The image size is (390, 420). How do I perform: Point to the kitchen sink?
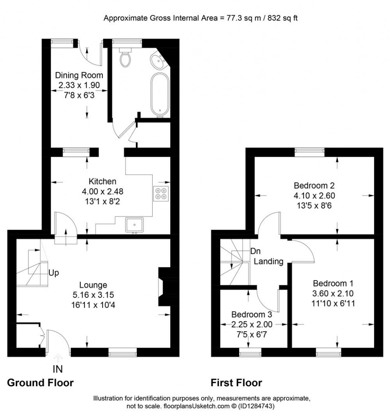click(135, 224)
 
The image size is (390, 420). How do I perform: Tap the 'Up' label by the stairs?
click(53, 273)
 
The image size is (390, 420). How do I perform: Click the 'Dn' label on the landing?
click(255, 251)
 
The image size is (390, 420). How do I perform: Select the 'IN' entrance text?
click(58, 369)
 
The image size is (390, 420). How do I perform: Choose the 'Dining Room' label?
click(79, 75)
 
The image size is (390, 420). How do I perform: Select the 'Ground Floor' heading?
click(40, 382)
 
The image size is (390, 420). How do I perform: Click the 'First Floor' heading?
click(237, 382)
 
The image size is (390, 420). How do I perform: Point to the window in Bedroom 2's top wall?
click(309, 152)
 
